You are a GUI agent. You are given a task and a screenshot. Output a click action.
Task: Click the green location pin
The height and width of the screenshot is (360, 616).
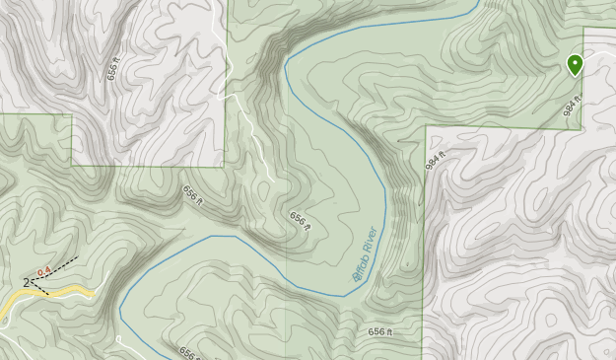(575, 65)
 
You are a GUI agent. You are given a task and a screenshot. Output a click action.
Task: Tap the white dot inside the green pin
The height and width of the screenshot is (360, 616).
(575, 63)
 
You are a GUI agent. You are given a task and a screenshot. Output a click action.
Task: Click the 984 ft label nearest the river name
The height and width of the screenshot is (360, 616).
(437, 158)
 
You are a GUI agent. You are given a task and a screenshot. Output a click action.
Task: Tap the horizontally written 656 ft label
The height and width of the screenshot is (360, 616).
(381, 331)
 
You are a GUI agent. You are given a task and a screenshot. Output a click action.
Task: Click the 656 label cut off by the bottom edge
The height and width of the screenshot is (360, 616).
(189, 353)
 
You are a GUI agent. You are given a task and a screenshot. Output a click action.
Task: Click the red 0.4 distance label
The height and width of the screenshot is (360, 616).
(43, 271)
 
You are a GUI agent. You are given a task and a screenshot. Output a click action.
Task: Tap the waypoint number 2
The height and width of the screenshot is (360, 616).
(26, 283)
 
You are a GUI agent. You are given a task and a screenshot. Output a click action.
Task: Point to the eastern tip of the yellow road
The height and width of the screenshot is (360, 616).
(93, 293)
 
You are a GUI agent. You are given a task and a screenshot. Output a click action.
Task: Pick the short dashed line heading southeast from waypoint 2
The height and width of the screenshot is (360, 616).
(40, 290)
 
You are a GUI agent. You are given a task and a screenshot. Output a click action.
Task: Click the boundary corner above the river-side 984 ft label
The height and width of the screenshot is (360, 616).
(425, 126)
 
